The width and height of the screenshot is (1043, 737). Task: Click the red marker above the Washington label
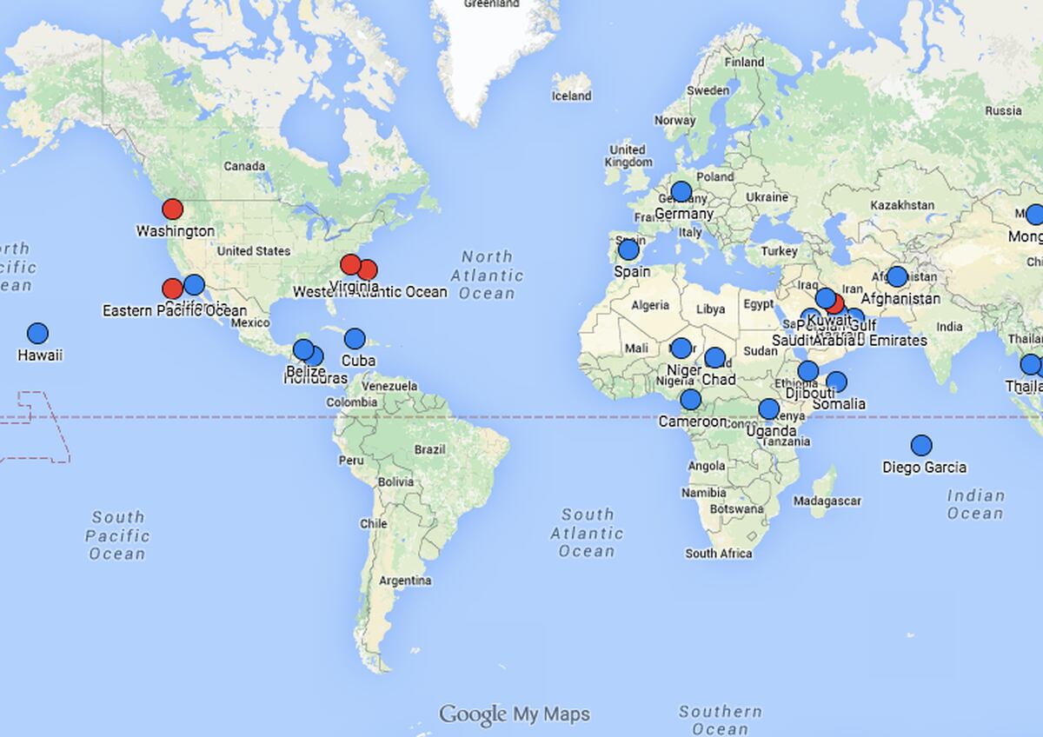pos(172,209)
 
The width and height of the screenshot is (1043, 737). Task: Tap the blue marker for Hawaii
pos(37,334)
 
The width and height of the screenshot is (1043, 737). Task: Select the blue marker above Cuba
pos(355,339)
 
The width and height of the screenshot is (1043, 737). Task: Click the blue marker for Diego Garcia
pos(921,446)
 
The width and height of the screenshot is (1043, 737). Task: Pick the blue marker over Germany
pos(681,192)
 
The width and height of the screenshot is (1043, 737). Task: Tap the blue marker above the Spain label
pos(628,250)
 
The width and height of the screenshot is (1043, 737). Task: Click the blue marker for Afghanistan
pos(897,277)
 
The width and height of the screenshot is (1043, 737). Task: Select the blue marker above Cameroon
pos(690,400)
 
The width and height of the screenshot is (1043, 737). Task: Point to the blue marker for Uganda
pos(768,409)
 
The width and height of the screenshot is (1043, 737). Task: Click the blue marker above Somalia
pos(836,382)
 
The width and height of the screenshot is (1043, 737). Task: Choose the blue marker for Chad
pos(714,357)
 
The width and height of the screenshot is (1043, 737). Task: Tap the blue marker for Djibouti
pos(807,371)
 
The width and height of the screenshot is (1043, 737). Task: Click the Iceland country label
pos(571,96)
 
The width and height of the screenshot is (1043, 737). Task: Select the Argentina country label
pos(405,581)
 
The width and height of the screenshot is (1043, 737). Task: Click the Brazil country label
pos(429,450)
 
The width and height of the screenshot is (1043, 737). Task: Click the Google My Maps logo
pos(515,714)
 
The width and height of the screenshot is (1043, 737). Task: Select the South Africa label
pos(718,554)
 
